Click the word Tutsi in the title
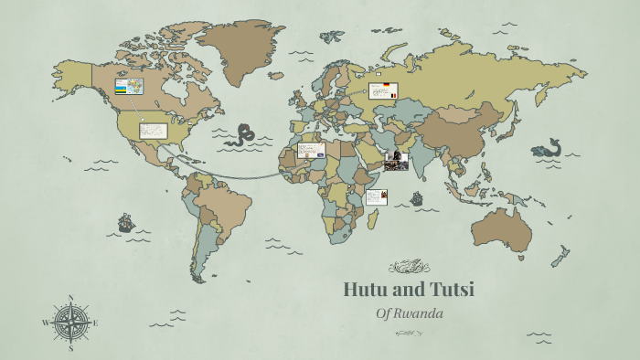pos(447,291)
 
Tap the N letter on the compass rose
pos(70,299)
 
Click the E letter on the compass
pos(95,323)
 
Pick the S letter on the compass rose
pos(70,347)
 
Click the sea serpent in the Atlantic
pos(242,135)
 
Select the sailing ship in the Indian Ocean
pos(417,197)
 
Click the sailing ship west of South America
pos(125,222)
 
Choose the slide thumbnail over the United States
pos(153,131)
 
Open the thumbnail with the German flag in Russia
pos(384,90)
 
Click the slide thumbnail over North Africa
pos(311,150)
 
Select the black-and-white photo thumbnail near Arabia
pos(396,161)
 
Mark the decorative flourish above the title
pos(409,267)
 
